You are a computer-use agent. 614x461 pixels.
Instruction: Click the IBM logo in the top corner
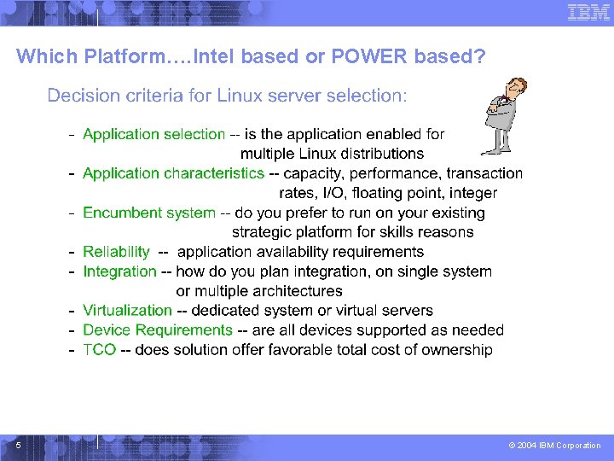[x=588, y=12]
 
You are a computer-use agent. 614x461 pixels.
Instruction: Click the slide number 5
[x=18, y=444]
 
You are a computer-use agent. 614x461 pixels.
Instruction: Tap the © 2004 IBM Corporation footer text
[x=554, y=445]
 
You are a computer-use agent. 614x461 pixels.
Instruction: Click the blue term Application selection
[x=153, y=134]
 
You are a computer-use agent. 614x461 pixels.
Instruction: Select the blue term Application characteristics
[x=173, y=173]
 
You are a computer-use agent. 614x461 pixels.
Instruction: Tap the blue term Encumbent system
[x=149, y=213]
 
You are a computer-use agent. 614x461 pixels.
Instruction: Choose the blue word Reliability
[x=116, y=252]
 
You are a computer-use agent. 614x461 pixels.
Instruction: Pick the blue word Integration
[x=119, y=271]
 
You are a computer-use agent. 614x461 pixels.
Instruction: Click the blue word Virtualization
[x=127, y=311]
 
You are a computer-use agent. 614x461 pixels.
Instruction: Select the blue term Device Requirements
[x=158, y=330]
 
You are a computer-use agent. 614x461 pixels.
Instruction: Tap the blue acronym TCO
[x=99, y=349]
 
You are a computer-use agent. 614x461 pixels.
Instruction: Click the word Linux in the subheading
[x=240, y=95]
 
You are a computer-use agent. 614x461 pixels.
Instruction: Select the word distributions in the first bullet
[x=379, y=154]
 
